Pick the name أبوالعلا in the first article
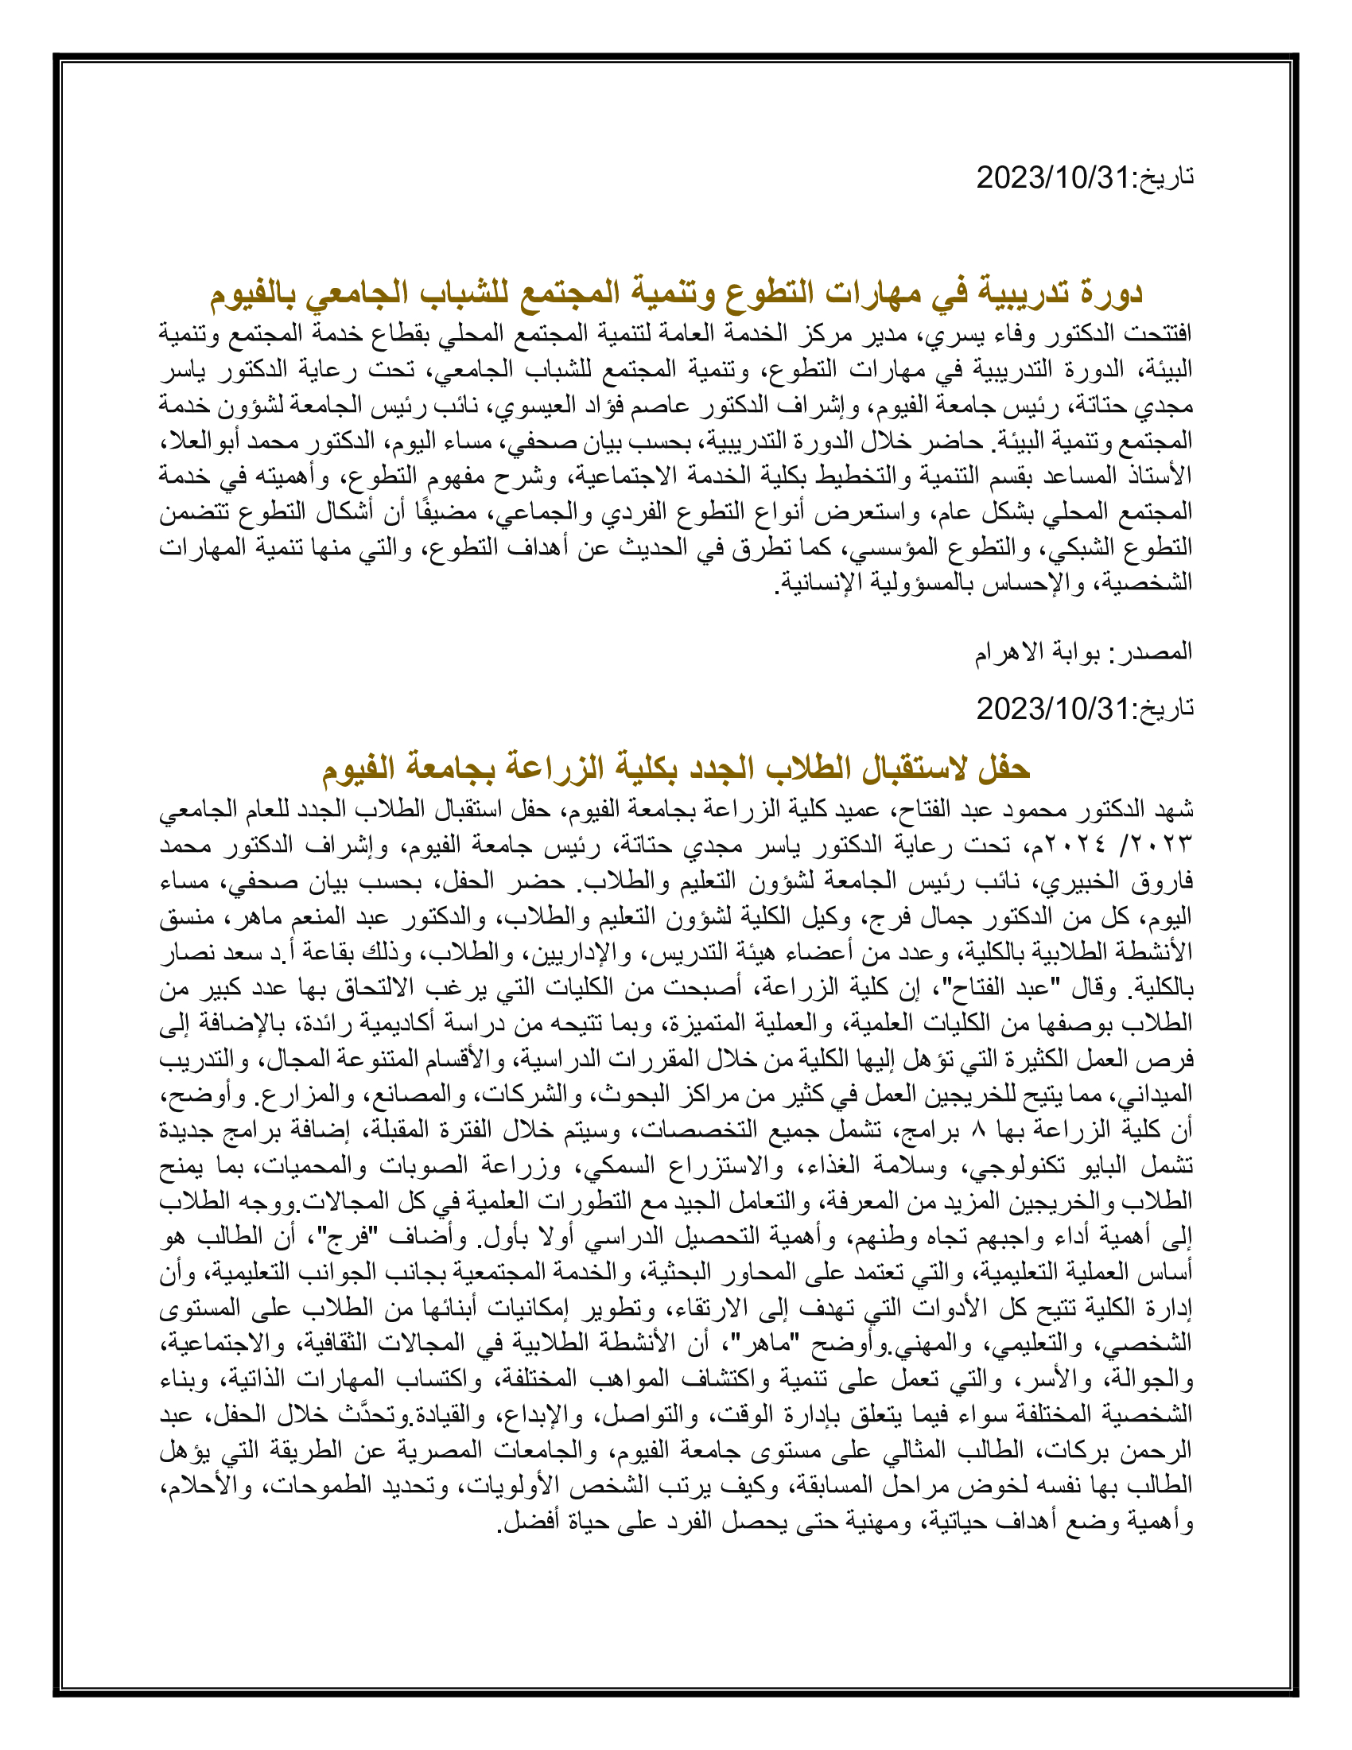pyautogui.click(x=192, y=441)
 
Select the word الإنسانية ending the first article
pyautogui.click(x=819, y=582)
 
